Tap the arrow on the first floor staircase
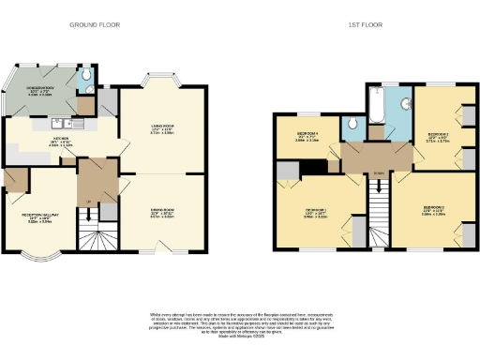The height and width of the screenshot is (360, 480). point(378,178)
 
